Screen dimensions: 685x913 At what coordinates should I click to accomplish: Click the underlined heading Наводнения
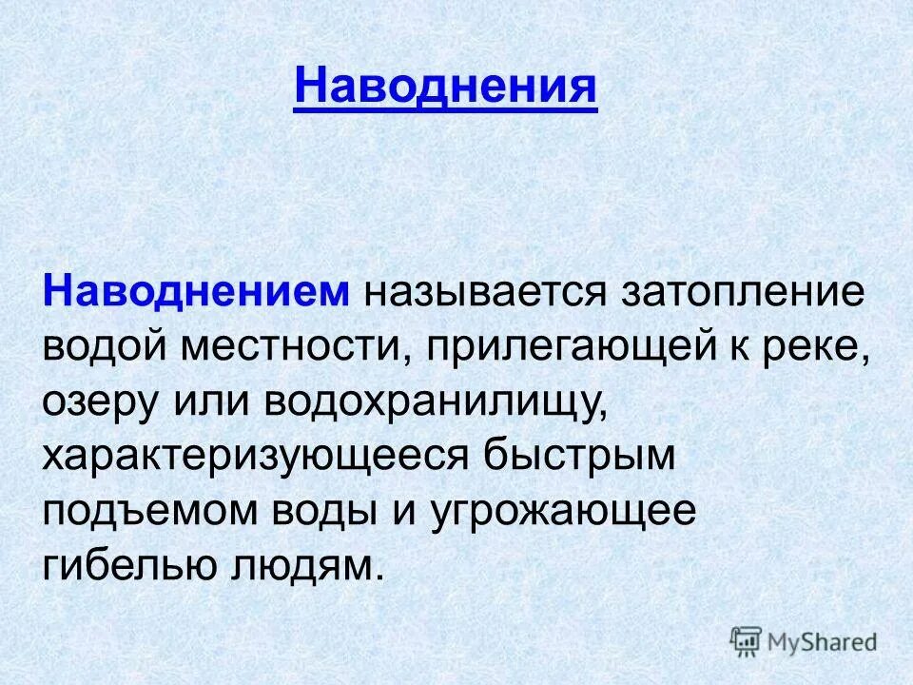(445, 88)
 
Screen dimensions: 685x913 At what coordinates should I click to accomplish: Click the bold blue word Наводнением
(196, 291)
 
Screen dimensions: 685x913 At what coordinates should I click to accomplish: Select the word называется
(482, 291)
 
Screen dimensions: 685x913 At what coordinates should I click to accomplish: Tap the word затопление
(743, 291)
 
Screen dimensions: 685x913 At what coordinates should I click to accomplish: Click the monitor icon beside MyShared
(747, 640)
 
